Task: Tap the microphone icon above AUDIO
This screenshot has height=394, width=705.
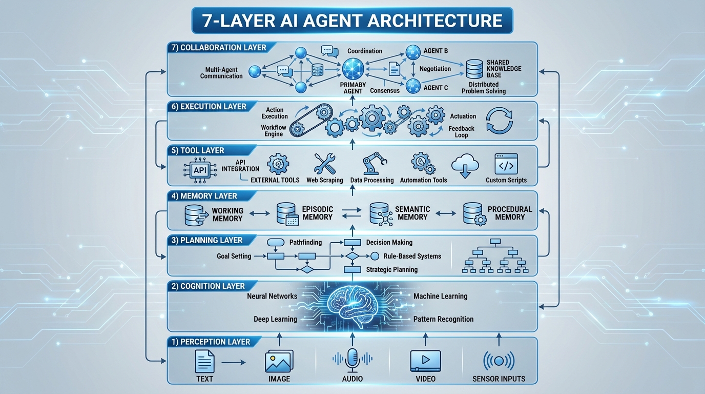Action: [352, 360]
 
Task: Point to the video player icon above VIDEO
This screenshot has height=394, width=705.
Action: [425, 361]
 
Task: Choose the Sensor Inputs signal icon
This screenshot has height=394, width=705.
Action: [499, 361]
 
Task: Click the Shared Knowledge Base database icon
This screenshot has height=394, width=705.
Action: [474, 68]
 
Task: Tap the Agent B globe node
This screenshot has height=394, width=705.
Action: [413, 52]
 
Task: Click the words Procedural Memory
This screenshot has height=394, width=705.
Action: [510, 213]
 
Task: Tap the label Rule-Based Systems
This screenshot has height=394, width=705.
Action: [412, 256]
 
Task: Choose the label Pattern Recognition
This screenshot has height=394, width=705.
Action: [443, 319]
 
